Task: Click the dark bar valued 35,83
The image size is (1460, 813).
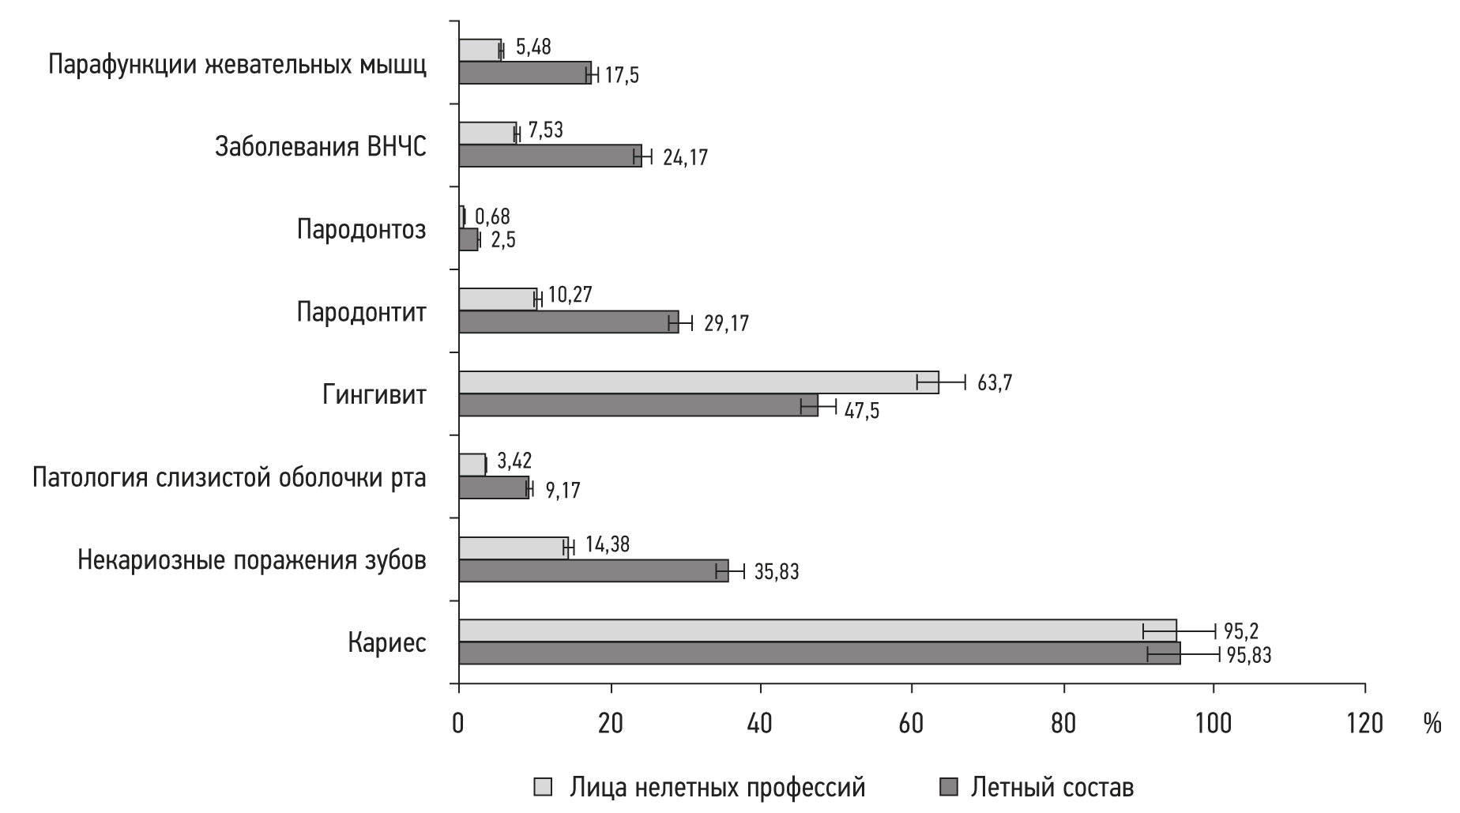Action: point(593,570)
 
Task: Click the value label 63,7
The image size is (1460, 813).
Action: point(995,384)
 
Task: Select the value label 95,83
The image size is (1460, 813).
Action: point(1248,655)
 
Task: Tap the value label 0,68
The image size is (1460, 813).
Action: point(492,216)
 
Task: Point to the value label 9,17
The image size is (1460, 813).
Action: point(563,491)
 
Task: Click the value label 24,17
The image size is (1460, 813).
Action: point(685,158)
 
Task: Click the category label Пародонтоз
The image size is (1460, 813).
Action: point(361,230)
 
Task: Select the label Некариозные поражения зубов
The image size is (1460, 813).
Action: point(252,561)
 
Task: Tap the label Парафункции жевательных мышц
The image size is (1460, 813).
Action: point(237,65)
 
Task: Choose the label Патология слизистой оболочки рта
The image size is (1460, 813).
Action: point(229,478)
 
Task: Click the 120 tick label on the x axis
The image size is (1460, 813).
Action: point(1364,724)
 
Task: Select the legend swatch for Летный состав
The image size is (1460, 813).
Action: point(949,788)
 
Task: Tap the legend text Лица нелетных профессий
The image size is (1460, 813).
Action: point(717,788)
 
